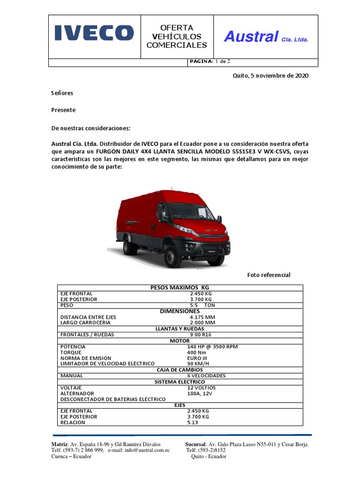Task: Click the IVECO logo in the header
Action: click(94, 33)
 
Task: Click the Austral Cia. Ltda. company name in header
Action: click(266, 37)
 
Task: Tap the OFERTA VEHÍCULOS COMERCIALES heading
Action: click(177, 37)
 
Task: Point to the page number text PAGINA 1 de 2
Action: click(209, 61)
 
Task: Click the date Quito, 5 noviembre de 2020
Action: click(270, 75)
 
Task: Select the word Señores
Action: click(62, 93)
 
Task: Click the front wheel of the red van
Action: click(173, 257)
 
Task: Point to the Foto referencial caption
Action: click(269, 275)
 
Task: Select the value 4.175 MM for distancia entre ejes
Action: click(202, 317)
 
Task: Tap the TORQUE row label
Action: click(71, 352)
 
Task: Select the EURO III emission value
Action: click(197, 358)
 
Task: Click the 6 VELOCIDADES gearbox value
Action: click(206, 375)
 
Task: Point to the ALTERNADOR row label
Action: click(77, 393)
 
